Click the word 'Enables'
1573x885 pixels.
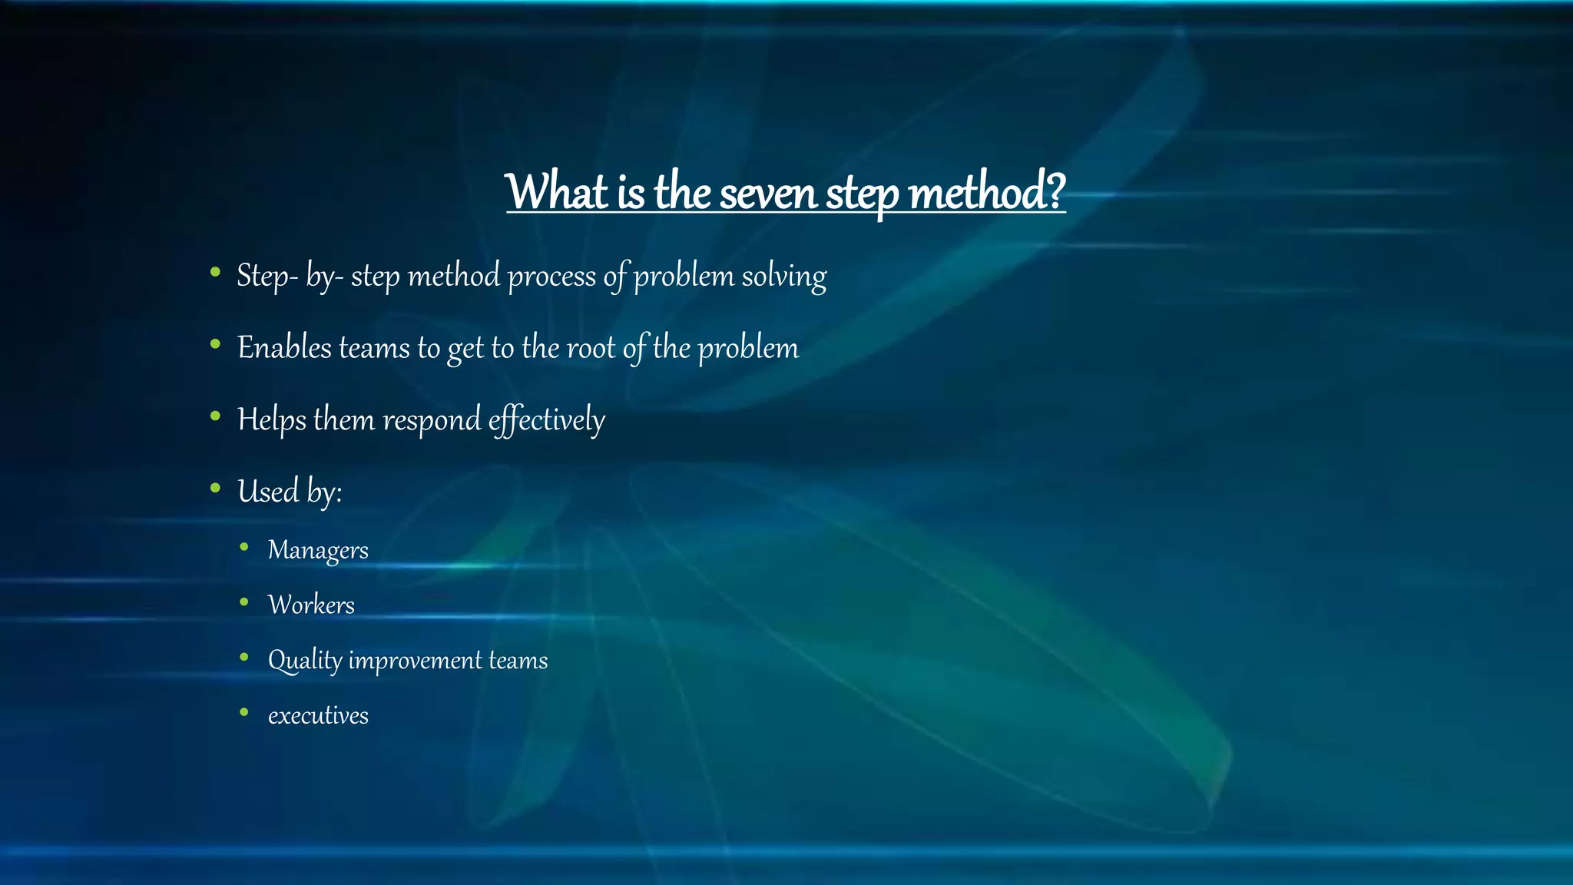coord(284,348)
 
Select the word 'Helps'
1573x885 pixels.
coord(271,420)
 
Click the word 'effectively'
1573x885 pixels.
coord(546,420)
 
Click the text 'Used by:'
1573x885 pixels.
coord(290,492)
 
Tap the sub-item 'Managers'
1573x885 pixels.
coord(318,551)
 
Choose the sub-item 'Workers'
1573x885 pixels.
coord(311,605)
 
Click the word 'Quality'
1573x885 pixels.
coord(304,661)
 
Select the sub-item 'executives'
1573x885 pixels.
coord(318,716)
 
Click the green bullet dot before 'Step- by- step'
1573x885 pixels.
coord(215,271)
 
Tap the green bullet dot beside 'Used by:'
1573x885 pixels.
coord(215,487)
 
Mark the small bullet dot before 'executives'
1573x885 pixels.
coord(244,712)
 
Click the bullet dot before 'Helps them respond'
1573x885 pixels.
coord(215,416)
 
